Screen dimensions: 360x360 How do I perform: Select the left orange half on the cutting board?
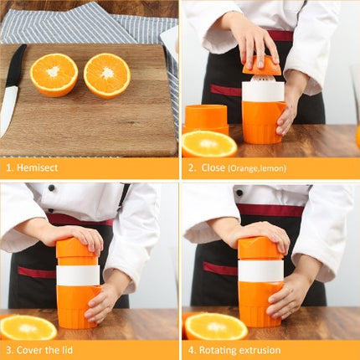(x=54, y=75)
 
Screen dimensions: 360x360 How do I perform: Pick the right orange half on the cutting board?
(x=106, y=75)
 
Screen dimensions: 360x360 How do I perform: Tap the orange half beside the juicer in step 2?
(x=208, y=144)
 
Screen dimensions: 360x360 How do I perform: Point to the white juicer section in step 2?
(x=263, y=90)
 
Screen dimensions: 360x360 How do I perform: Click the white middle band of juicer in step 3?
(x=78, y=275)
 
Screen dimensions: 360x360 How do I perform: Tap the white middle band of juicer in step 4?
(x=260, y=270)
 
